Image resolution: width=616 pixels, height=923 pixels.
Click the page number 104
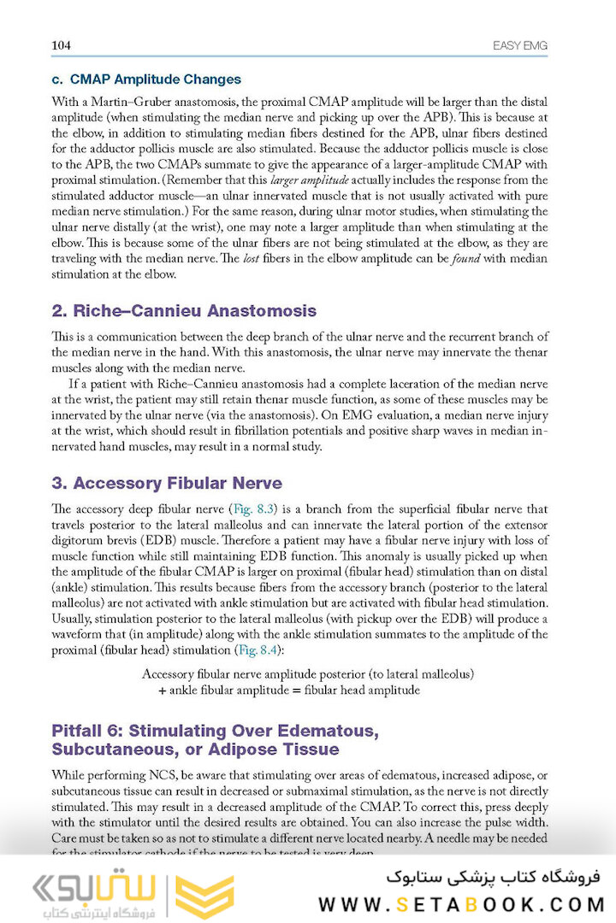(62, 45)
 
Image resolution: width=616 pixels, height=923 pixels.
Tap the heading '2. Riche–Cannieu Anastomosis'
(184, 311)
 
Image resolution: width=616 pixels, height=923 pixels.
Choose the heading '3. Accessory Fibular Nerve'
(178, 484)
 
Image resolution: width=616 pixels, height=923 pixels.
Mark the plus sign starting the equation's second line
(162, 690)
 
